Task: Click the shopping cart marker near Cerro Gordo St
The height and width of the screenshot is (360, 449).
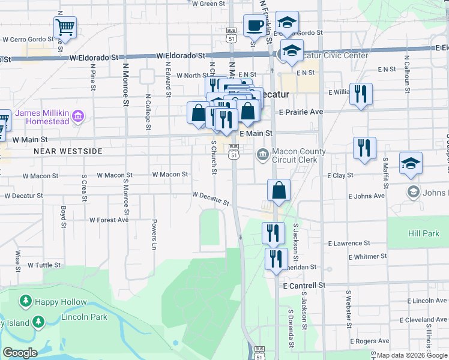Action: (x=65, y=27)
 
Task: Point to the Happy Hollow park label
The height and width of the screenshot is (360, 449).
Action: (x=61, y=302)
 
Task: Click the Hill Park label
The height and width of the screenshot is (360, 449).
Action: (x=425, y=233)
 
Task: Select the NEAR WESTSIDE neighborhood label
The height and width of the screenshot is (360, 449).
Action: (x=68, y=152)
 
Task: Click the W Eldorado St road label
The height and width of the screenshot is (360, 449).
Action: (x=94, y=58)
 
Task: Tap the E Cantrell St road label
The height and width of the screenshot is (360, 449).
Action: (x=304, y=286)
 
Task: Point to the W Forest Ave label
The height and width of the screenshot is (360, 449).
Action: (x=109, y=220)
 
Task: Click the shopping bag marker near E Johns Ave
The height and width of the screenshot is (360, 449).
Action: (x=279, y=190)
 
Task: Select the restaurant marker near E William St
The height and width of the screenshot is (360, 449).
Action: (x=361, y=94)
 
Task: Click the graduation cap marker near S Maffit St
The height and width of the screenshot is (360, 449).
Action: (x=411, y=163)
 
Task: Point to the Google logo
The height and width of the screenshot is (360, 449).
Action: (x=20, y=353)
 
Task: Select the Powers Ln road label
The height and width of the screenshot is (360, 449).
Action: (x=154, y=235)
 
